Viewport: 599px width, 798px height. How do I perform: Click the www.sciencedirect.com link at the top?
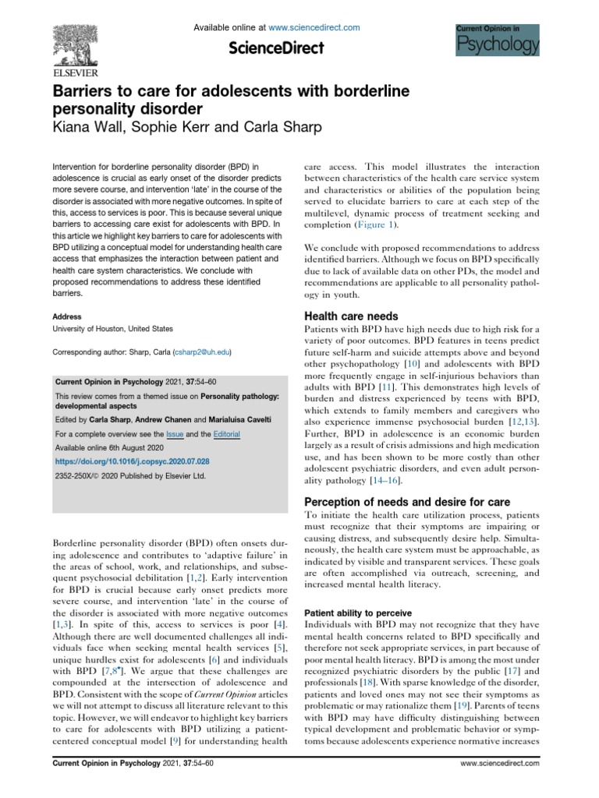316,27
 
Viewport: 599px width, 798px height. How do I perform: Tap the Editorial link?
225,433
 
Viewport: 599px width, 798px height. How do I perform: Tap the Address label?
66,317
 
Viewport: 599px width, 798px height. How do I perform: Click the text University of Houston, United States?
112,329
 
